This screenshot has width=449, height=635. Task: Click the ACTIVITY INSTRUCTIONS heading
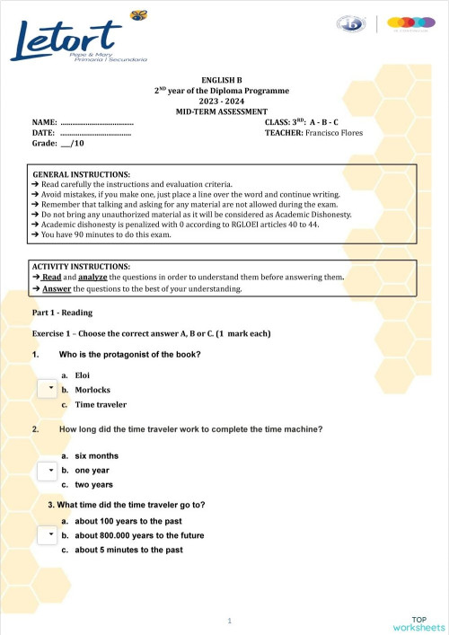point(81,267)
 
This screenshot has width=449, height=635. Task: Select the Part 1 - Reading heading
point(62,312)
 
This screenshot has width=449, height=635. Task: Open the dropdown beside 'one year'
point(51,469)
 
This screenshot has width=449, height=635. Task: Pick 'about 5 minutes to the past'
point(129,550)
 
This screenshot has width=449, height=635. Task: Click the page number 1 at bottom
point(231,621)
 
